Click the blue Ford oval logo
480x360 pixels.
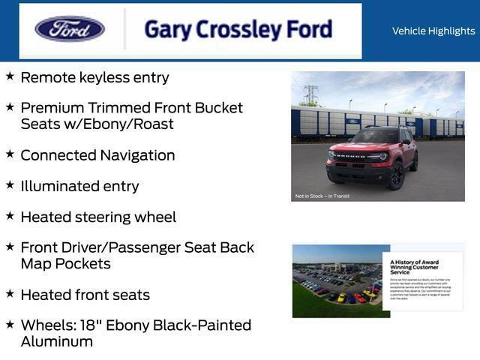70,29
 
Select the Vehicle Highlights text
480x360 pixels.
433,31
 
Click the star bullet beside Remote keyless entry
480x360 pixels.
10,76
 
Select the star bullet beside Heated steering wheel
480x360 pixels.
10,216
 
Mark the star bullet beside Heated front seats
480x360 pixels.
10,294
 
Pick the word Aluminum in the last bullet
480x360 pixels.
57,342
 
